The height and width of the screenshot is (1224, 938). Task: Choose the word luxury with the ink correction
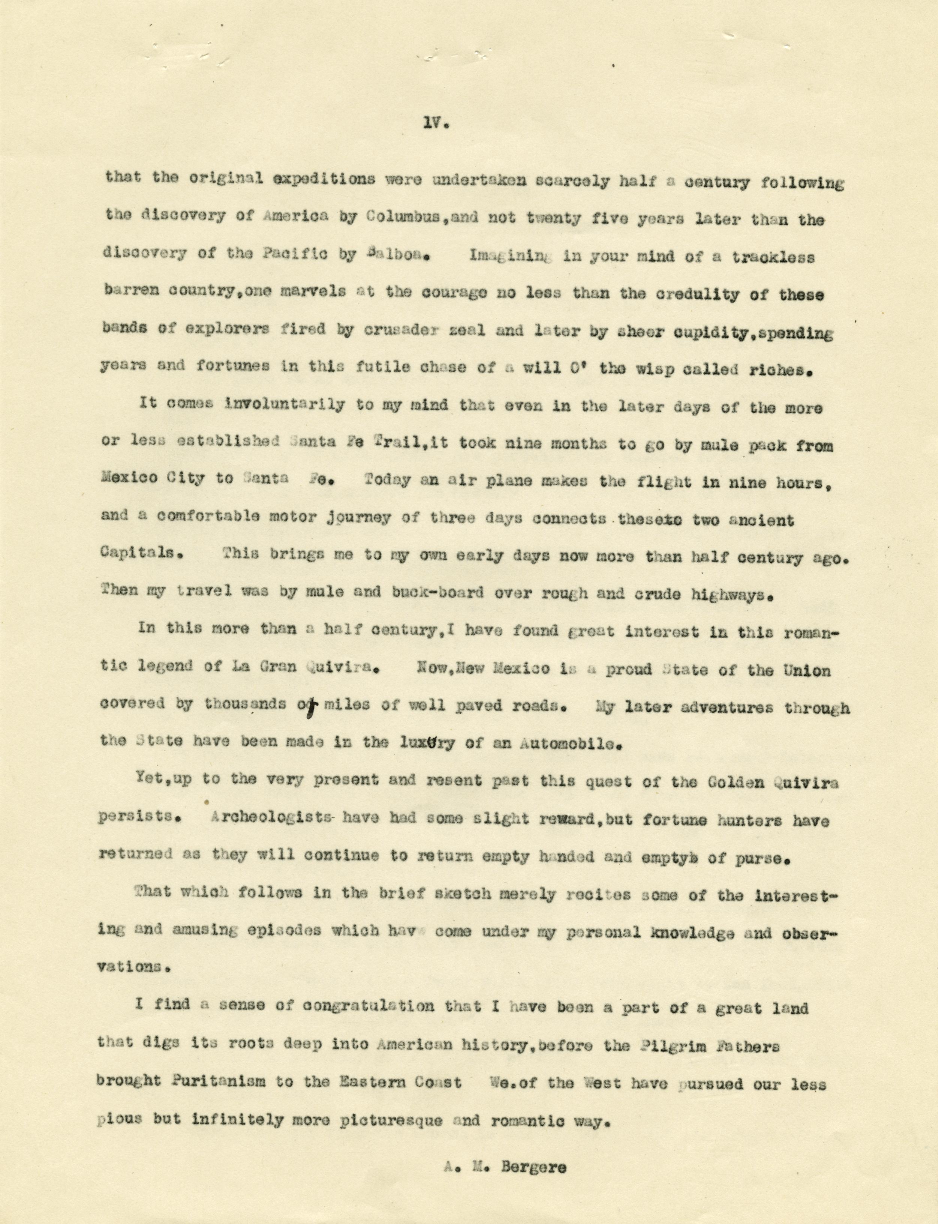click(x=428, y=743)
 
